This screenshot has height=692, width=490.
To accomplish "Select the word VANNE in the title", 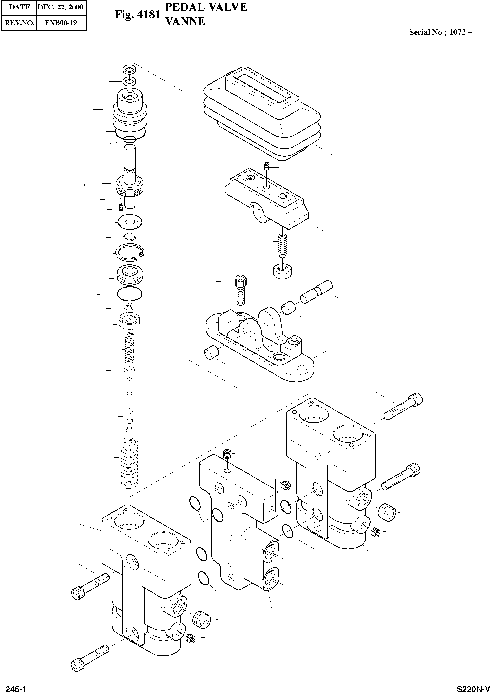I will pos(186,21).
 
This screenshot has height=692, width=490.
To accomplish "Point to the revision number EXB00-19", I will pos(61,22).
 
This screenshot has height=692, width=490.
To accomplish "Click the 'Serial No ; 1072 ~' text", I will pos(440,32).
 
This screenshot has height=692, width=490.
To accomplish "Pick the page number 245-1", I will pos(16,686).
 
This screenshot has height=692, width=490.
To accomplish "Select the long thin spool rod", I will pos(129,406).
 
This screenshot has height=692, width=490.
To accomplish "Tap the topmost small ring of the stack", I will pos(129,69).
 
